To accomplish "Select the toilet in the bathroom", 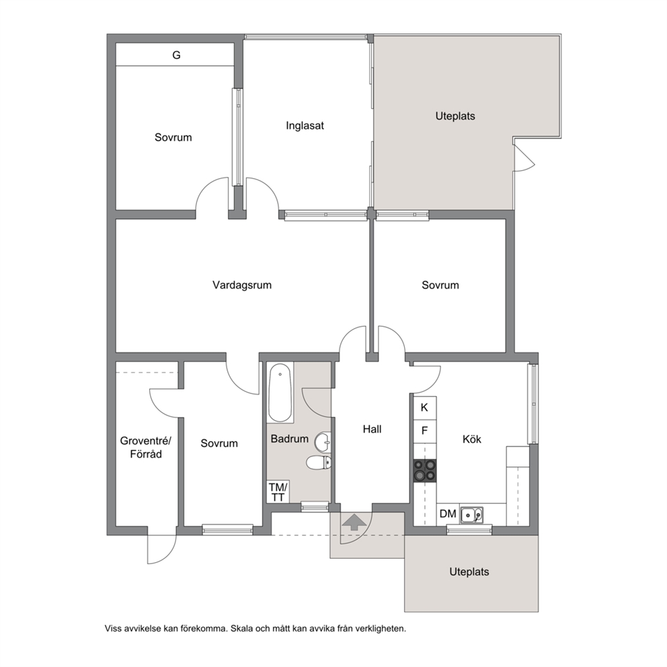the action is coord(319,463).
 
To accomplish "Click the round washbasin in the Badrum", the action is coord(323,442).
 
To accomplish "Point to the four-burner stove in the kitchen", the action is coord(425,471).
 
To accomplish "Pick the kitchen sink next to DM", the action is coord(472,515).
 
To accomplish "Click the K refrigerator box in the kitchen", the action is coord(424,408).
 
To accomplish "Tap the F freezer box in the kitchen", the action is coord(424,431).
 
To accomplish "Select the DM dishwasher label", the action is coord(448,514).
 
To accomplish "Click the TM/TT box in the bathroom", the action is coord(278,492).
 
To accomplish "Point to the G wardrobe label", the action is coord(176,55).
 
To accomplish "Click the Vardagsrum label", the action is coord(242,285).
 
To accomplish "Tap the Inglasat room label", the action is coord(305,126).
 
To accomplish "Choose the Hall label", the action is coord(372,429).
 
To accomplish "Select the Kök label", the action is coord(472,439).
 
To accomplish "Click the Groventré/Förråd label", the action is coord(146,448).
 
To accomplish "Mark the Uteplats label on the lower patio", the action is coord(469,572).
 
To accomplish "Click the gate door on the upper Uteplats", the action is coord(524,157).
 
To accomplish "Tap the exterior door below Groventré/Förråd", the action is coord(161,548).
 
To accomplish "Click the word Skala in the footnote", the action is coord(239,628).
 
